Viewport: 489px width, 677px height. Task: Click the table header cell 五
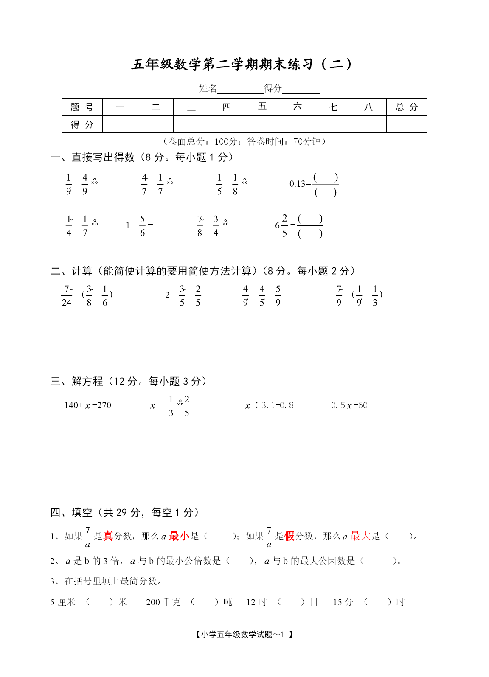click(x=262, y=107)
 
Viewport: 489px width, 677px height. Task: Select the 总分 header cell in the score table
click(x=406, y=107)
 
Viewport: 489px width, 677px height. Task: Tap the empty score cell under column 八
click(x=368, y=124)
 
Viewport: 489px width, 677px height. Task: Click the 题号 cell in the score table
click(x=82, y=107)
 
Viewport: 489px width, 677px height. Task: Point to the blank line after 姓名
click(x=240, y=89)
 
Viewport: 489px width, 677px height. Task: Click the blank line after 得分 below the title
click(x=301, y=89)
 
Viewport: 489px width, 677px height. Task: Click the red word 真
click(x=108, y=536)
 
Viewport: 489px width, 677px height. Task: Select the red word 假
click(x=289, y=536)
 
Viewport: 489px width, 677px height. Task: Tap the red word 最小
click(x=179, y=536)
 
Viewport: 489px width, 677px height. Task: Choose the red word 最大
click(x=360, y=536)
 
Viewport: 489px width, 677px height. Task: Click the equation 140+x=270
click(x=87, y=405)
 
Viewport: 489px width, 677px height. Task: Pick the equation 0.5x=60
click(x=349, y=405)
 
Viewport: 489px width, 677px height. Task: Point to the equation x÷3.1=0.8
click(x=269, y=405)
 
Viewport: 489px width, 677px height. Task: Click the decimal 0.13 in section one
click(x=297, y=184)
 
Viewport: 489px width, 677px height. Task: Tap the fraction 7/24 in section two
click(x=67, y=296)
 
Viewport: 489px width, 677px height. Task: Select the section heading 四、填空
click(x=71, y=512)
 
